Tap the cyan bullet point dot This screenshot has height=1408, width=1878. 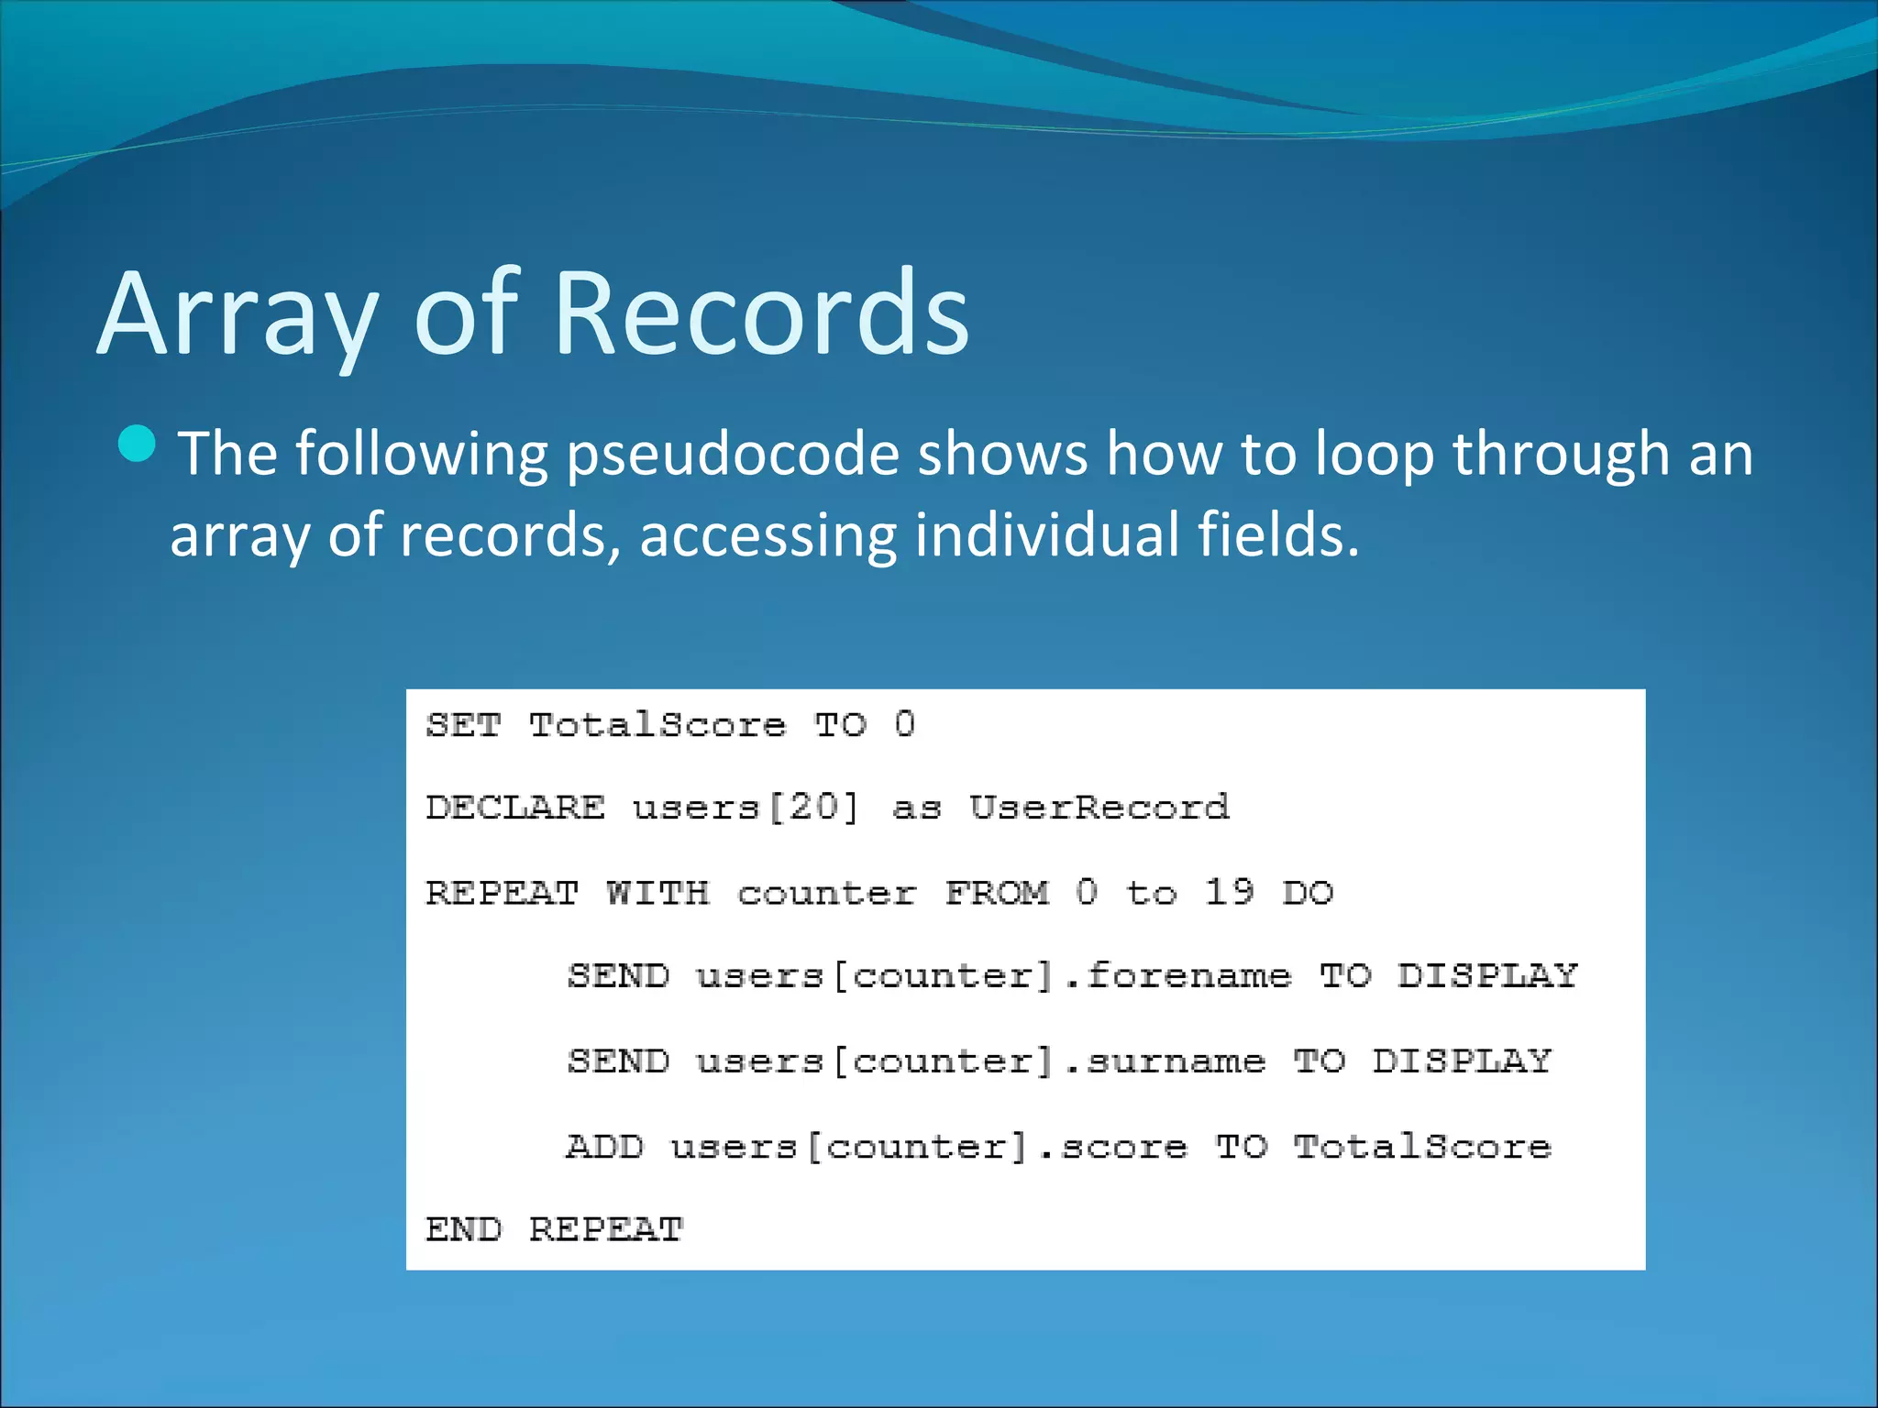pos(138,445)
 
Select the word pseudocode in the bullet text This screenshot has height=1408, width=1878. pos(733,456)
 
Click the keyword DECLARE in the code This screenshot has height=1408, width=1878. pos(514,808)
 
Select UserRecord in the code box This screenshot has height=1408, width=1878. pos(1099,808)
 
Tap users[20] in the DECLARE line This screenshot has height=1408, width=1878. pos(746,808)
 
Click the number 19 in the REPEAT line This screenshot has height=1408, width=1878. pos(1229,892)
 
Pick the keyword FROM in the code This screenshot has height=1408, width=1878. pos(997,892)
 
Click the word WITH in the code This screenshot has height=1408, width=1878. pos(657,892)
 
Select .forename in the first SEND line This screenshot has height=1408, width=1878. pos(1178,975)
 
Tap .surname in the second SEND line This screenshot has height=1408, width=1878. pos(1165,1061)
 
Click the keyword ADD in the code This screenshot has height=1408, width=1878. pos(604,1146)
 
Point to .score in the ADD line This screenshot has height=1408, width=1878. pos(1113,1146)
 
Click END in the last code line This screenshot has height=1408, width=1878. pos(463,1229)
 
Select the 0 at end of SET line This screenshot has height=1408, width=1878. pos(904,724)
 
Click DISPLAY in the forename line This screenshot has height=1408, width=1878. pos(1486,975)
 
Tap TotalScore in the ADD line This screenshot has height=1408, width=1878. pos(1421,1146)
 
